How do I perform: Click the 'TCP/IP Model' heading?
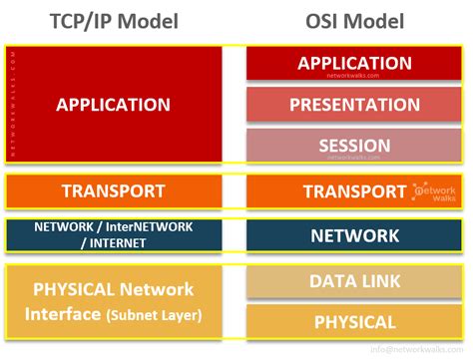tap(113, 21)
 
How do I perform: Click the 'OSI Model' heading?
tap(354, 21)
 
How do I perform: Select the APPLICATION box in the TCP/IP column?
tap(113, 104)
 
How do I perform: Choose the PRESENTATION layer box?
tap(354, 104)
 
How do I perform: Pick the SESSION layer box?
tap(354, 145)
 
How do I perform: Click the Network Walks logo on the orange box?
tap(435, 191)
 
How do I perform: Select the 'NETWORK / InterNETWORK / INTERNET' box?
tap(113, 236)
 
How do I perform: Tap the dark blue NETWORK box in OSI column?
tap(354, 236)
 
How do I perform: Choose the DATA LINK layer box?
tap(354, 282)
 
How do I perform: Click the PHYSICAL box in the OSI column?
tap(354, 322)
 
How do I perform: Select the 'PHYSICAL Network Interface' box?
tap(113, 302)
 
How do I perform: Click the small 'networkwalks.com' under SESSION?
tap(354, 158)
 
